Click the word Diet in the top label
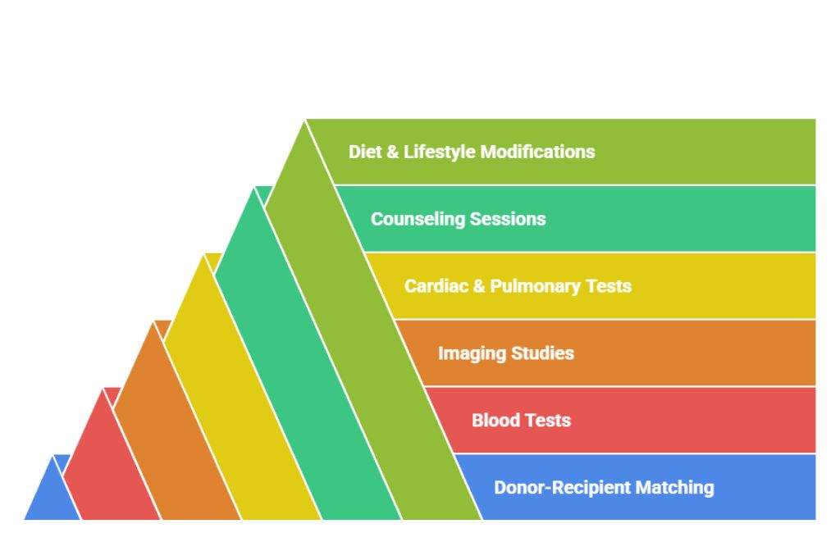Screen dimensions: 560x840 coord(365,152)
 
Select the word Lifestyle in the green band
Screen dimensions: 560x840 coord(439,152)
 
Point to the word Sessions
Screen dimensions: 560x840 coord(508,219)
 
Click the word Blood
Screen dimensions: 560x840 coord(495,421)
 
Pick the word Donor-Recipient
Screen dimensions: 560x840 coord(556,488)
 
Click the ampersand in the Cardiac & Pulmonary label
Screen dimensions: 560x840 coord(479,286)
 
